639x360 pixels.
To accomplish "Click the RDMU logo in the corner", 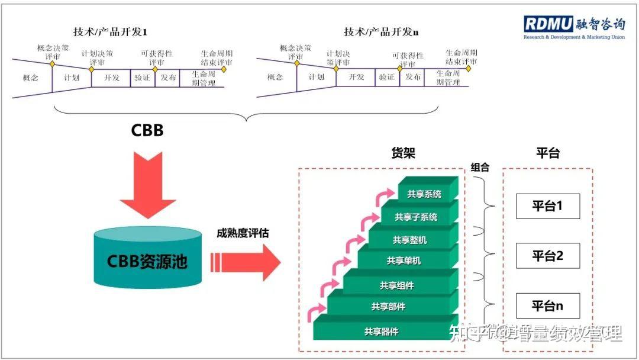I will click(573, 27).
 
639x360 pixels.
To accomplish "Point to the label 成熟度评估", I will click(242, 233).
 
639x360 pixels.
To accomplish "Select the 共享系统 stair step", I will click(424, 194).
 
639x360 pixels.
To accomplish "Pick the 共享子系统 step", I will click(417, 217).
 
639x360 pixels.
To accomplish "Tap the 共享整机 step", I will click(409, 240).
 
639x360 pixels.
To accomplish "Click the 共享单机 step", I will click(404, 261).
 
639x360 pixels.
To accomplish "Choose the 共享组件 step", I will click(396, 285).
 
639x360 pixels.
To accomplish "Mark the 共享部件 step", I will click(388, 307).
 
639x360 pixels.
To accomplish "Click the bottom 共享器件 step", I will click(381, 332).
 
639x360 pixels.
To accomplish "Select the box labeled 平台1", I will click(547, 206).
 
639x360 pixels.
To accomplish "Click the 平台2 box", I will click(547, 256).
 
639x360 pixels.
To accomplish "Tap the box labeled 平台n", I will click(547, 306).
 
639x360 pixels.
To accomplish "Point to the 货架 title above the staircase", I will click(404, 153).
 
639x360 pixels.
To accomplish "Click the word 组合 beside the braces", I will click(480, 167).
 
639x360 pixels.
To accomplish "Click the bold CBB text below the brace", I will click(147, 130).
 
